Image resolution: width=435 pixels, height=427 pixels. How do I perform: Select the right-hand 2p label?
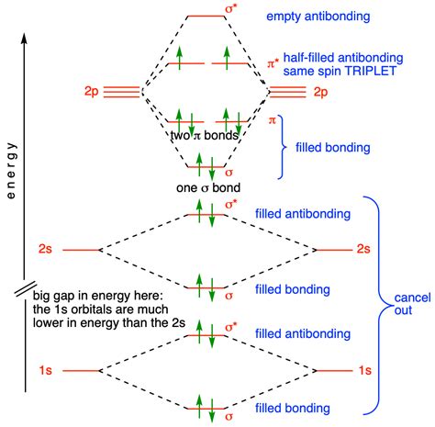point(319,92)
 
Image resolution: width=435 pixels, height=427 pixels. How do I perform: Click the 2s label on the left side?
point(48,250)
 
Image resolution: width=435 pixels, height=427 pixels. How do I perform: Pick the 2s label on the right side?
point(363,250)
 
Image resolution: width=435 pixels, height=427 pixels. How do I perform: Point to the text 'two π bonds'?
point(205,136)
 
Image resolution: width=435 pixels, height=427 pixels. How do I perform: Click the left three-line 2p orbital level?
point(121,92)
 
